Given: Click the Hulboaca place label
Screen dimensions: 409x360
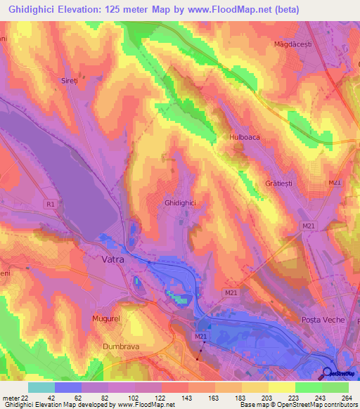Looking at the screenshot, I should (x=245, y=138).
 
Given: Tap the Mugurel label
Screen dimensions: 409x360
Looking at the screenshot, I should (x=106, y=318).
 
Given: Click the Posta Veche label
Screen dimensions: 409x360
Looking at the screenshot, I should (x=323, y=320).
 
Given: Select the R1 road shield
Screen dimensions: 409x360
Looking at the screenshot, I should (x=49, y=204).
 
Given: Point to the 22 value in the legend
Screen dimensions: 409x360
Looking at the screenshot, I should (x=26, y=397).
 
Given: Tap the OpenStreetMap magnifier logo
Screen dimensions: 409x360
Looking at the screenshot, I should (x=328, y=373).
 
